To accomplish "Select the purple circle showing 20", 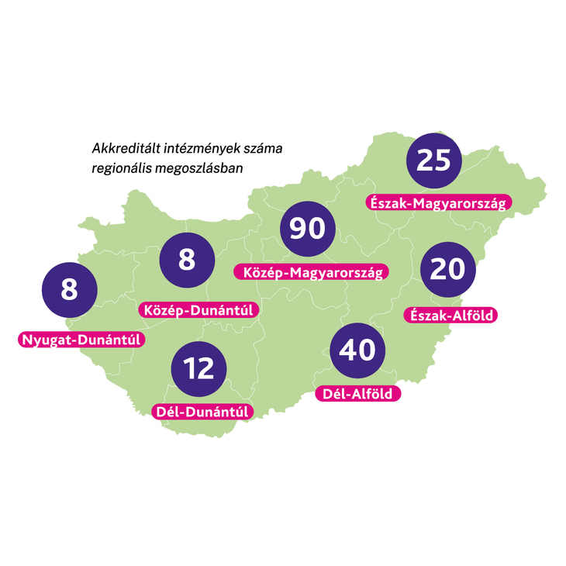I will tap(447, 269).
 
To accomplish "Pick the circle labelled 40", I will tap(357, 350).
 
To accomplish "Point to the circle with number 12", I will tap(200, 368).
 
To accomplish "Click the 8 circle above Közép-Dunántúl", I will tap(187, 260).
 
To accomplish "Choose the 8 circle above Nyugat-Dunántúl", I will tap(69, 290).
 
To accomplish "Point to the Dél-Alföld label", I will tap(358, 394).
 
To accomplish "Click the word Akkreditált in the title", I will tap(122, 148).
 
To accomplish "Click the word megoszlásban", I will tap(198, 167).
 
